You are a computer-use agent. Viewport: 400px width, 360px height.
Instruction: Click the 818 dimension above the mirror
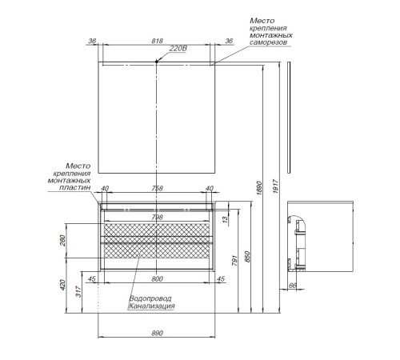157,41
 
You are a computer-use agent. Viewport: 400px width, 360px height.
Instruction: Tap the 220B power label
178,49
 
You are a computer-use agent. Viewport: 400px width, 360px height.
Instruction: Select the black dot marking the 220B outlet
157,62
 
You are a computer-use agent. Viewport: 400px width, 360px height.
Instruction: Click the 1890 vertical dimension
259,188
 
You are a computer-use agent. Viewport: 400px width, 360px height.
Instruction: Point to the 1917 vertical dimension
275,186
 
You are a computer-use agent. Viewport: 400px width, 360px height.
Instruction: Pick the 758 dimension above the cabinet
157,188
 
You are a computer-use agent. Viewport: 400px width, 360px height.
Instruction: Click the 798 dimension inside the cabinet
157,218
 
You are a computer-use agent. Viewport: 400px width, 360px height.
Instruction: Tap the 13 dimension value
225,219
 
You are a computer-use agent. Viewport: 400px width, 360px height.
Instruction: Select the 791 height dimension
234,261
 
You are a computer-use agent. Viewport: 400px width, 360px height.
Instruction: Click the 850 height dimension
247,257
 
